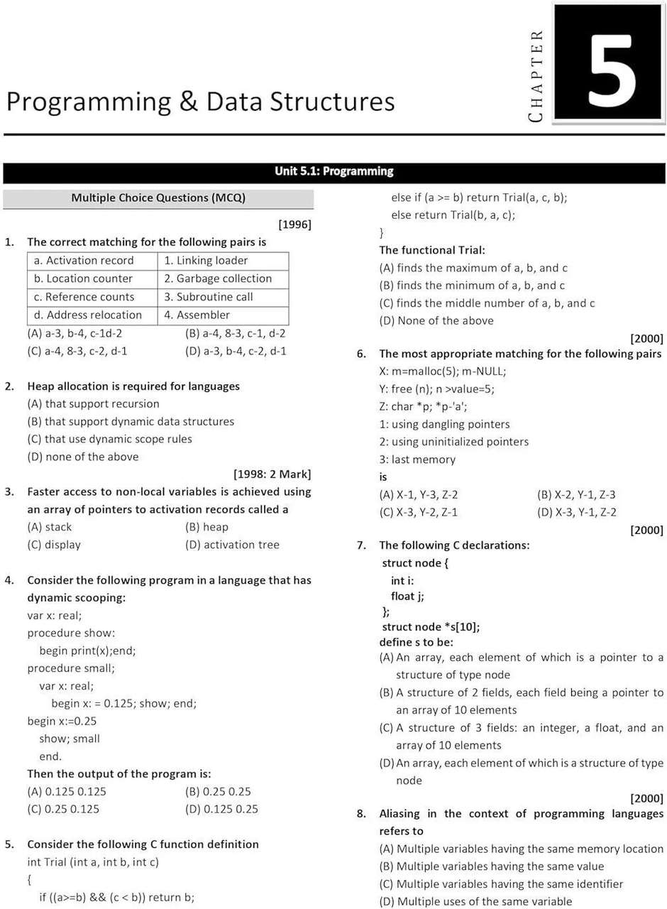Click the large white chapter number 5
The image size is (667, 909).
pyautogui.click(x=608, y=63)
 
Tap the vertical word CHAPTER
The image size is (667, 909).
pyautogui.click(x=536, y=75)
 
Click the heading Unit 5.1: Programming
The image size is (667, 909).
pyautogui.click(x=333, y=171)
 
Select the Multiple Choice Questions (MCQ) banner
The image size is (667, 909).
pyautogui.click(x=158, y=197)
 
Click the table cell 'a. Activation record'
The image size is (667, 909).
pyautogui.click(x=89, y=261)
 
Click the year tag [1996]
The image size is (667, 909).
pyautogui.click(x=294, y=224)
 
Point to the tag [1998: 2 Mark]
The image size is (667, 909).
pyautogui.click(x=272, y=474)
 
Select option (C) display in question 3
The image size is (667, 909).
pyautogui.click(x=54, y=545)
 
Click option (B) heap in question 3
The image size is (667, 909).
pyautogui.click(x=206, y=527)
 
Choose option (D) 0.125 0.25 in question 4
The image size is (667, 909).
pyautogui.click(x=221, y=809)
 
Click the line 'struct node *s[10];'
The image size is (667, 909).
pyautogui.click(x=431, y=626)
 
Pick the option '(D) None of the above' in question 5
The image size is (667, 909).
pyautogui.click(x=436, y=320)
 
